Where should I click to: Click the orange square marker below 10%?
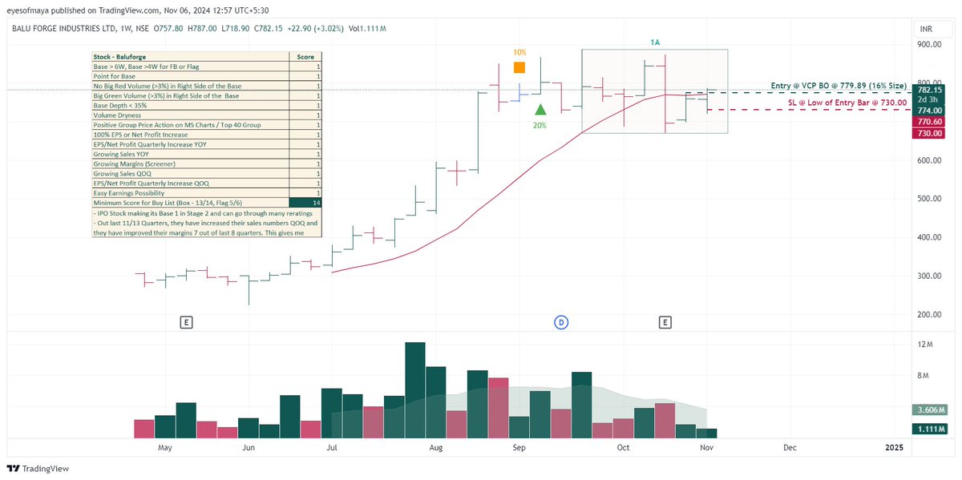519,68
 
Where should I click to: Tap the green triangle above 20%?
541,109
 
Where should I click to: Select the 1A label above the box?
655,41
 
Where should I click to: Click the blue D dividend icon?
561,322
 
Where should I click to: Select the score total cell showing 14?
305,203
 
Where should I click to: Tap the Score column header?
305,57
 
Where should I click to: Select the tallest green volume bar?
414,389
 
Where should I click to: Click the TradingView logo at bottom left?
38,469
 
